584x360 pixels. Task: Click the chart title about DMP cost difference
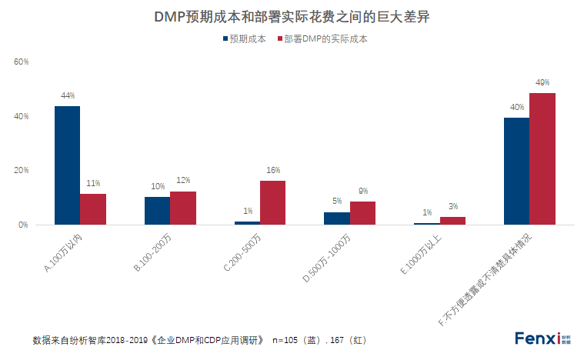click(x=292, y=16)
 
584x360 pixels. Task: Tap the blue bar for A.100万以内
click(x=67, y=165)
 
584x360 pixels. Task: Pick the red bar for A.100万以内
click(x=93, y=209)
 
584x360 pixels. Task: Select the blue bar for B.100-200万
click(x=157, y=211)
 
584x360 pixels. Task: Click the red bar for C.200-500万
click(x=272, y=203)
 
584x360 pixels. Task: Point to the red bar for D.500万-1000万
click(x=362, y=213)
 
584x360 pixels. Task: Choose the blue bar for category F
click(x=516, y=171)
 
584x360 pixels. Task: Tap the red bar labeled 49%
click(x=542, y=159)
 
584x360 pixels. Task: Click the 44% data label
click(x=67, y=96)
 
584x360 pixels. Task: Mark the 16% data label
click(x=272, y=170)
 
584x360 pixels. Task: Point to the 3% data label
click(x=452, y=206)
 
